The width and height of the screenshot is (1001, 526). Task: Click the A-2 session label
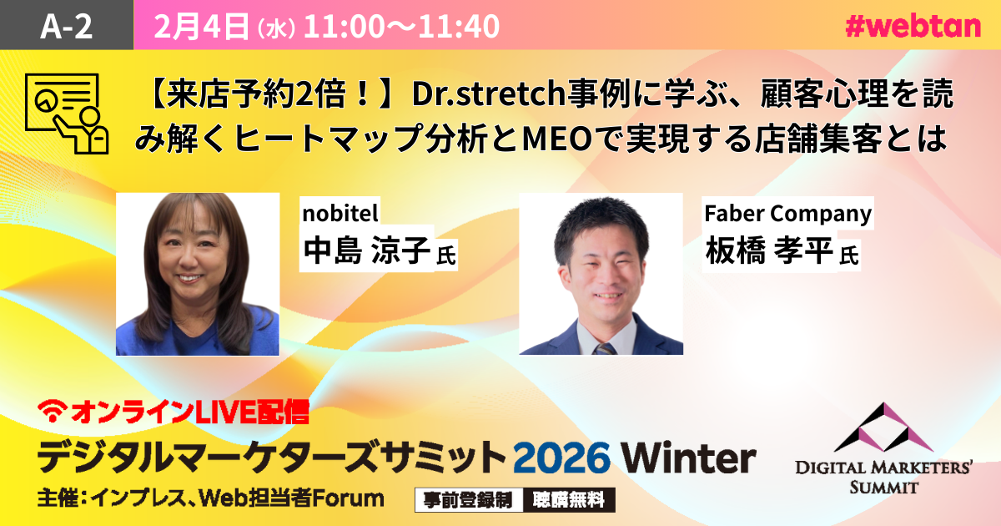[66, 26]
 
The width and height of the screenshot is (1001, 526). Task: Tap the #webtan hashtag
[913, 27]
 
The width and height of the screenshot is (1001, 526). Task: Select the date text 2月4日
[202, 27]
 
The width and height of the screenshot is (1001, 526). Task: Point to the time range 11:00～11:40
[401, 27]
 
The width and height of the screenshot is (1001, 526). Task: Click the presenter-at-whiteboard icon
[67, 114]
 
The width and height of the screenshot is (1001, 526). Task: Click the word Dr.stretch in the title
[490, 94]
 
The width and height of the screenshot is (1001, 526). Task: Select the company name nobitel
[340, 213]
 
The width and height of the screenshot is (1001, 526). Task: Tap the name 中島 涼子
[367, 250]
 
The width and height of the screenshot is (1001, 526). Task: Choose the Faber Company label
[787, 214]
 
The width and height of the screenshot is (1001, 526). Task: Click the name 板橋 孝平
[768, 250]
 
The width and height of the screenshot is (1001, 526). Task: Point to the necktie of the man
[605, 349]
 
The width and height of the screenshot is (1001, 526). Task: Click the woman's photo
[198, 274]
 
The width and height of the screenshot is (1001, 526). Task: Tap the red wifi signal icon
[53, 411]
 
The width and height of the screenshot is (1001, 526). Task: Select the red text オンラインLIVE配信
[190, 412]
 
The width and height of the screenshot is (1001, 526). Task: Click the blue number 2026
[561, 458]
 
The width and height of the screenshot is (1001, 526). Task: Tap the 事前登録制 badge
[468, 499]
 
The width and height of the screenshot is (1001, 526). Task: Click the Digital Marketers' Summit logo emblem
[883, 427]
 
